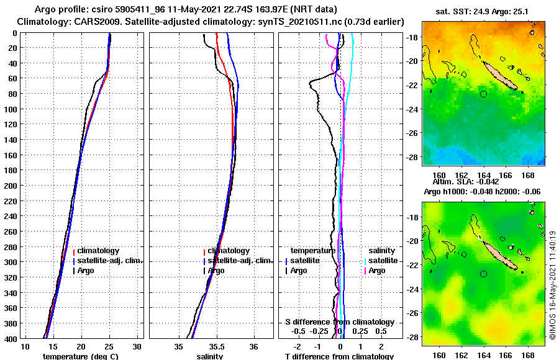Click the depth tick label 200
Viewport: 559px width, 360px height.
tap(9, 186)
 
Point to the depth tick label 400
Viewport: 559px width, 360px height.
tap(9, 338)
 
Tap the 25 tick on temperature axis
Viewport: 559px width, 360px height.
tap(109, 346)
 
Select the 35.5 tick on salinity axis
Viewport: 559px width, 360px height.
tap(217, 346)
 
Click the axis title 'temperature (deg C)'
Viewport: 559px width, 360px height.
tap(81, 356)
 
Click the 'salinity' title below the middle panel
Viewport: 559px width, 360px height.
tap(211, 356)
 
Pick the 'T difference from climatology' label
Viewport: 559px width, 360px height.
tap(339, 356)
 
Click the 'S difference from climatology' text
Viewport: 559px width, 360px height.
tap(340, 322)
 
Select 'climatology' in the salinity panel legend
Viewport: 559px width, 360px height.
tap(229, 251)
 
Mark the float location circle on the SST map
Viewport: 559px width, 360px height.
tap(484, 94)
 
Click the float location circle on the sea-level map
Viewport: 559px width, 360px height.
tap(484, 274)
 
